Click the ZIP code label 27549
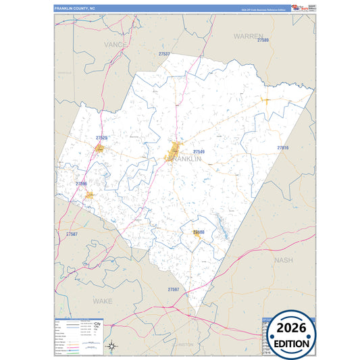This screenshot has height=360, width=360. tap(199, 152)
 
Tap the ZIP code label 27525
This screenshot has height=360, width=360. tap(101, 138)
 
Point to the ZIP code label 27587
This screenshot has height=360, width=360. tap(72, 234)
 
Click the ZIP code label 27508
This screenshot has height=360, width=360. tap(199, 232)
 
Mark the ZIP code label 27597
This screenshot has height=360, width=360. tap(174, 289)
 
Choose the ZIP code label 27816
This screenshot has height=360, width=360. tap(282, 147)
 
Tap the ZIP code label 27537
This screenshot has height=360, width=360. tap(164, 53)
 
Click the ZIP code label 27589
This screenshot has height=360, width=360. tap(263, 41)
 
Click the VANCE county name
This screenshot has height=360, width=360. tap(115, 44)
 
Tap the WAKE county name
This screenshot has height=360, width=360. tap(102, 299)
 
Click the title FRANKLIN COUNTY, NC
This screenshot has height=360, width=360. tap(76, 7)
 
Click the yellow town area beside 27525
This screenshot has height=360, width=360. tap(100, 147)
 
